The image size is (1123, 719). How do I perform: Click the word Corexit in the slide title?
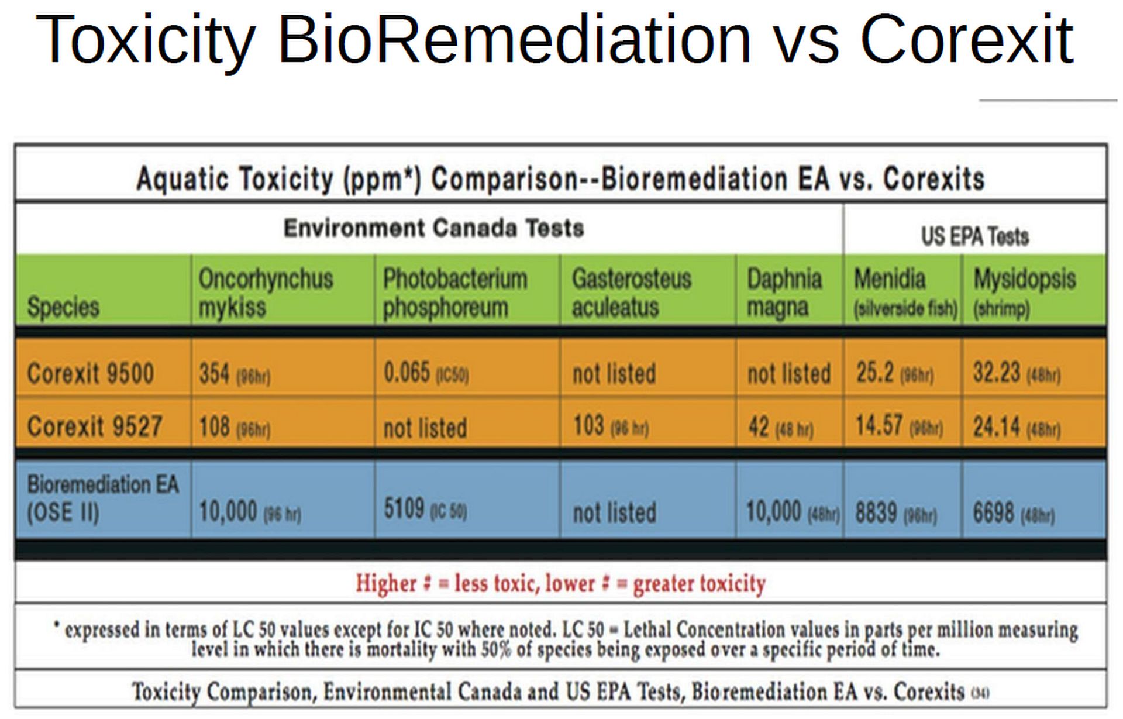coord(967,40)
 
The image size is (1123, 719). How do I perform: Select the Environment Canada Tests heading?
coord(433,228)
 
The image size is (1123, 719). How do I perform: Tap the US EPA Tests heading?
coord(974,236)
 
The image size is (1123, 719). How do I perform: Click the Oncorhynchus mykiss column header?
coord(266,293)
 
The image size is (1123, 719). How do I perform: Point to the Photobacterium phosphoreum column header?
coord(454,293)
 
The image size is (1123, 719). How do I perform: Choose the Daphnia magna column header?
coord(784,293)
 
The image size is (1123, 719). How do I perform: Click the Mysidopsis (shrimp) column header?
coord(1024,293)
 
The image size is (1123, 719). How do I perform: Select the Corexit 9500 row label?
coord(91,373)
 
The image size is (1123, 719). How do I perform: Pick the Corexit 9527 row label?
coord(94,426)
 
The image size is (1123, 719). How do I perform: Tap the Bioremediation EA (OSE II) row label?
coord(102,498)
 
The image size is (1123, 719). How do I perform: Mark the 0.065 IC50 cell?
coord(425,373)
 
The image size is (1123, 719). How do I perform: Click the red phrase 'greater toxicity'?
coord(699,583)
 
